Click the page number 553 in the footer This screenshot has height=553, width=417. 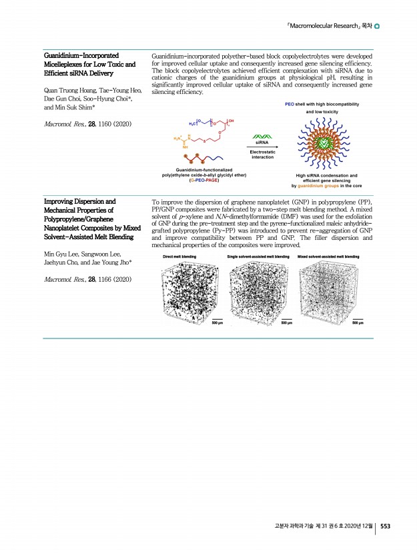[385, 526]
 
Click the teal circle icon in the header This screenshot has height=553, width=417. [378, 27]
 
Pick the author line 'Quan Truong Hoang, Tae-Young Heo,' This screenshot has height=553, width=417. [92, 90]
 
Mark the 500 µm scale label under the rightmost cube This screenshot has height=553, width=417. [357, 324]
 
